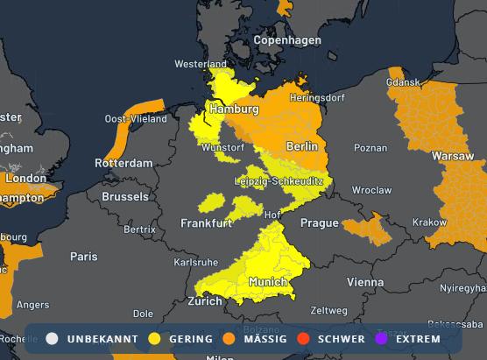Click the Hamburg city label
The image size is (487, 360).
click(x=233, y=109)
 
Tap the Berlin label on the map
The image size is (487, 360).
click(x=302, y=145)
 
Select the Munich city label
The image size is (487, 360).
click(x=267, y=282)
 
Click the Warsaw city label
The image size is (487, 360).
click(x=452, y=157)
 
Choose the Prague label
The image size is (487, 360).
click(x=319, y=223)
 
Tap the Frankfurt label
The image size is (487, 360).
click(x=206, y=223)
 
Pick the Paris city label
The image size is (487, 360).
click(x=84, y=257)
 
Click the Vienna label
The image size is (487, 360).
click(x=364, y=282)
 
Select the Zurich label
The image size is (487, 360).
click(x=205, y=301)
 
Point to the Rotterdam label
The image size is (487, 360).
click(x=124, y=164)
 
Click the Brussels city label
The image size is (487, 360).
click(x=124, y=197)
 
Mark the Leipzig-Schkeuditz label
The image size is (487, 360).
click(x=279, y=180)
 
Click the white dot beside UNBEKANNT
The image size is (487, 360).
click(x=53, y=338)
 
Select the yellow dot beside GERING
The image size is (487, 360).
click(x=155, y=338)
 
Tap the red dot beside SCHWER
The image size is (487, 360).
click(x=305, y=338)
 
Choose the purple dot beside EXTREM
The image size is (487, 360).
click(x=380, y=338)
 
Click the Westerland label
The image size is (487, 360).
click(x=201, y=65)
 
